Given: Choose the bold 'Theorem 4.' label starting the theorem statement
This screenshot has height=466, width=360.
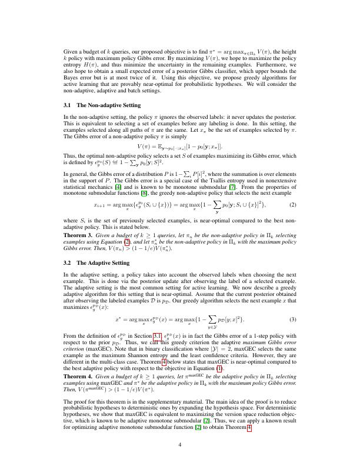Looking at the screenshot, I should pos(77,374).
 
